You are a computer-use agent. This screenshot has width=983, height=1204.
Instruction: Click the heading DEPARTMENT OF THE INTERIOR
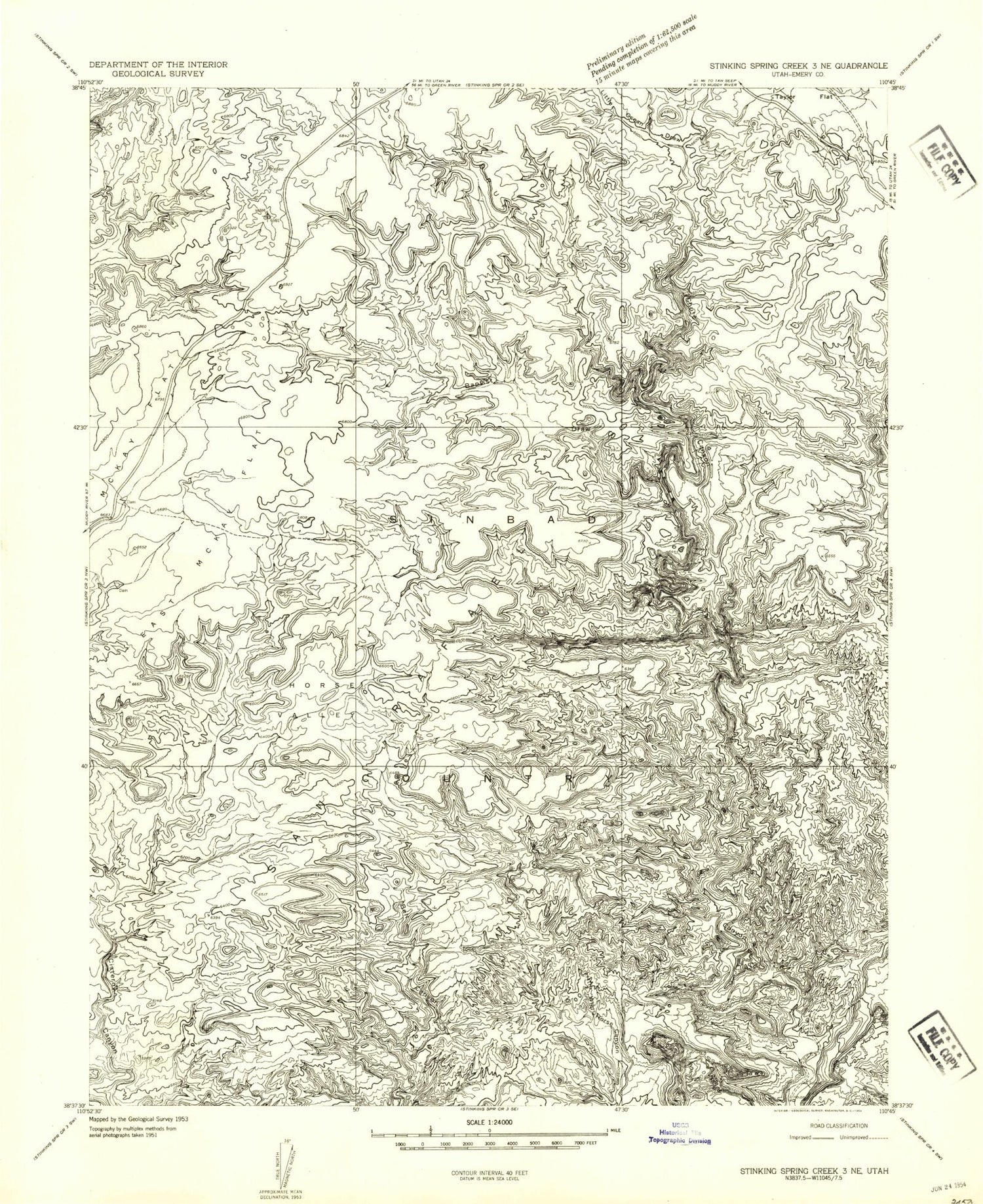pyautogui.click(x=158, y=64)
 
